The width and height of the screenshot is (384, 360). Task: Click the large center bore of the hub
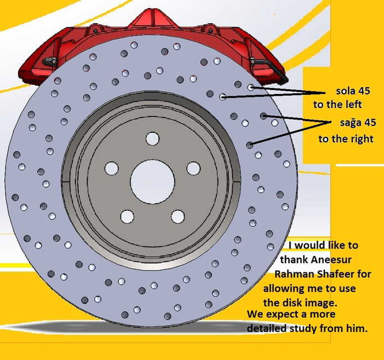152,182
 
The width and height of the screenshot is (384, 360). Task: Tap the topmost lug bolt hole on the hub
152,139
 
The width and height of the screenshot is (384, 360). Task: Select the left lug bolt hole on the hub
111,168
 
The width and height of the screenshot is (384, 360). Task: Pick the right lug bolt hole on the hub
193,168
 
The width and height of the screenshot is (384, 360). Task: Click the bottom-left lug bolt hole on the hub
127,217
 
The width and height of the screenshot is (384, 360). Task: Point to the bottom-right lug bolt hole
178,217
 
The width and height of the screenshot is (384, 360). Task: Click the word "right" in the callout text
362,139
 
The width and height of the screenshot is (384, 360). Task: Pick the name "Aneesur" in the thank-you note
331,259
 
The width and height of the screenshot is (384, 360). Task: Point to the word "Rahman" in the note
295,274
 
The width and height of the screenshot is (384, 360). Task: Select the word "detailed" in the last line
266,328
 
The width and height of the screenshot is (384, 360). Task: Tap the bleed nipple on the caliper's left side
49,61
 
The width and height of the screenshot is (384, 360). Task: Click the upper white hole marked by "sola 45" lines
251,87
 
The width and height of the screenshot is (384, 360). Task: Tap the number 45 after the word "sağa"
371,122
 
